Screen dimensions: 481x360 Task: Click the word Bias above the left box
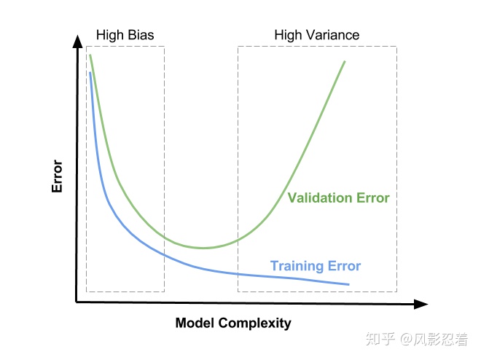(141, 35)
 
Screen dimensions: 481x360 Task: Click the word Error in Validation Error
(372, 198)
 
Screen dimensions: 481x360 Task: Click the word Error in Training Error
(344, 266)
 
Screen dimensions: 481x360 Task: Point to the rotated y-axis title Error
(57, 176)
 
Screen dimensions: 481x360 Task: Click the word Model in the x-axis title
(195, 323)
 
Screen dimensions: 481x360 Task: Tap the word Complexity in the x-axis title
(254, 324)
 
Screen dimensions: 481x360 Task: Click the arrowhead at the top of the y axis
(77, 41)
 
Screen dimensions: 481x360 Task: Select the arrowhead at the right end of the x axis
(421, 304)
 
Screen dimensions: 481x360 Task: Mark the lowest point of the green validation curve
(203, 248)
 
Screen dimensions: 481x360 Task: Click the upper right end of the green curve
(345, 62)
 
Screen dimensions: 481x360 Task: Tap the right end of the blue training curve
(349, 284)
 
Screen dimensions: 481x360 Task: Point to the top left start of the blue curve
(90, 73)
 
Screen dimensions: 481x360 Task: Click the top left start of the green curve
(90, 55)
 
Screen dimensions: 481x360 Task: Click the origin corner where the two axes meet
(77, 302)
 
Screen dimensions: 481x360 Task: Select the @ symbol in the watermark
(406, 339)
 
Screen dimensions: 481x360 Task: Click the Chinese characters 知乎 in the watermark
(380, 339)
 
